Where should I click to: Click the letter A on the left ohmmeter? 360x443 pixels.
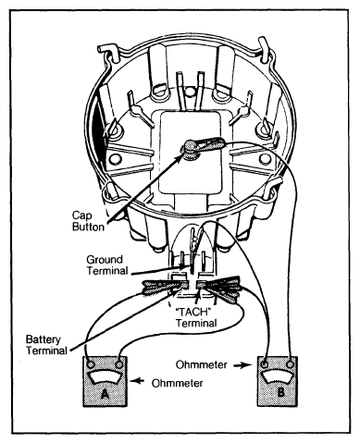click(106, 394)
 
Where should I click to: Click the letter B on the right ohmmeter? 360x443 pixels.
click(280, 392)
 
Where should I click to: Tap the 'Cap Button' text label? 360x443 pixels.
click(88, 221)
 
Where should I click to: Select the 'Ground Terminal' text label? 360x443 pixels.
click(107, 265)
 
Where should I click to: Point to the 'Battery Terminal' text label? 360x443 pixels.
click(46, 345)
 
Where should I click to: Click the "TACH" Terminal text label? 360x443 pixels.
click(196, 317)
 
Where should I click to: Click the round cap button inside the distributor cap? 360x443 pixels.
click(191, 149)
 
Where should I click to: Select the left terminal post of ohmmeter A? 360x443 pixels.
click(91, 365)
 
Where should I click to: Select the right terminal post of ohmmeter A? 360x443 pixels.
click(118, 365)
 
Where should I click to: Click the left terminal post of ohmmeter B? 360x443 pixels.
click(265, 364)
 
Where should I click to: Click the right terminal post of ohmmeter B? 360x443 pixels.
click(290, 364)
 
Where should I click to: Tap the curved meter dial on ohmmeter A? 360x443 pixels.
click(105, 376)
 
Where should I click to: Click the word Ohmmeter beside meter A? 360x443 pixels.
click(178, 383)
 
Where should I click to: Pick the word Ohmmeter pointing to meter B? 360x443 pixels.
click(202, 364)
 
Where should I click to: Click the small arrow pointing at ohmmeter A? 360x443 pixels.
click(137, 381)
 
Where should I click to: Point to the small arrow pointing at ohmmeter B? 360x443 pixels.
click(242, 365)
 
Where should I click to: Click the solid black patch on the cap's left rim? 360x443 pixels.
click(100, 136)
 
